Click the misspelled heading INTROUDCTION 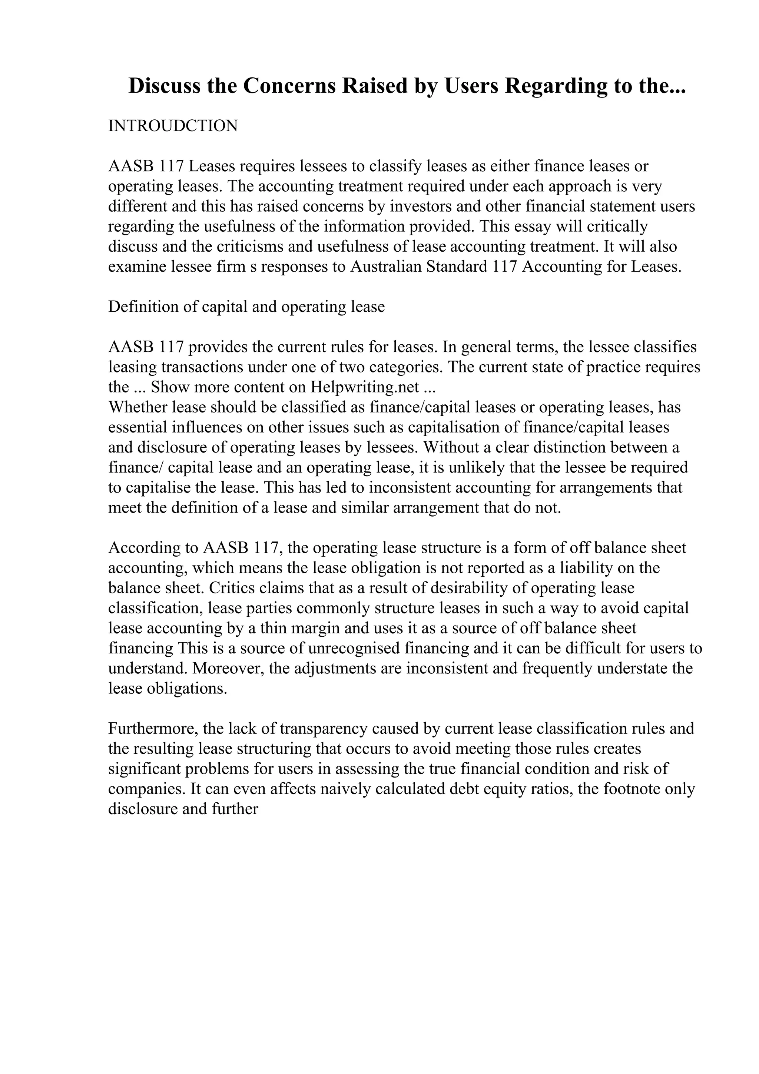point(173,126)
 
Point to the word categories point(405,367)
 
